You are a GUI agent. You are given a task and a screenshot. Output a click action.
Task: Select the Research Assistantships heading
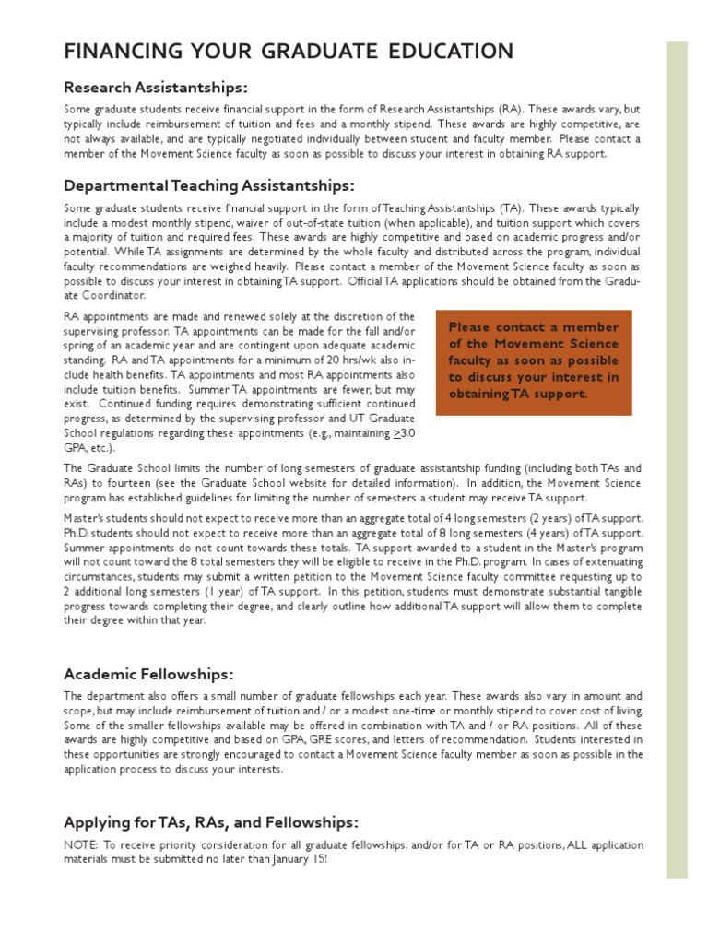(x=155, y=88)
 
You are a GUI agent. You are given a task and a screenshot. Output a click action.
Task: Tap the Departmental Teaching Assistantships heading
(x=208, y=185)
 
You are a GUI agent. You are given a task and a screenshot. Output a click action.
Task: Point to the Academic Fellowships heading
(x=147, y=673)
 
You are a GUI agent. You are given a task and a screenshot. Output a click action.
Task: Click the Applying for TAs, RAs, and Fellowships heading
(x=211, y=821)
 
